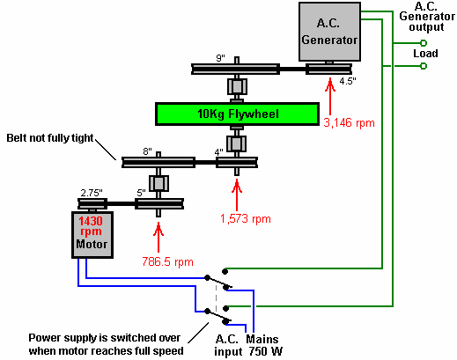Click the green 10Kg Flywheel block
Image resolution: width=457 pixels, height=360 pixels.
point(237,114)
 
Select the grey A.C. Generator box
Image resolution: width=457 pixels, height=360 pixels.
point(329,32)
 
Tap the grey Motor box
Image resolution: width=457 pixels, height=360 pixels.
point(92,235)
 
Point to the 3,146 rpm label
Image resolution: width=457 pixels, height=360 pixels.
point(349,122)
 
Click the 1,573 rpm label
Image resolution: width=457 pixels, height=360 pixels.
point(246,219)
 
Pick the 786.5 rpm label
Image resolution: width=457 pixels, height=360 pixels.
point(167,261)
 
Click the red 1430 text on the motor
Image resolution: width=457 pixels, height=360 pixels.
point(91,221)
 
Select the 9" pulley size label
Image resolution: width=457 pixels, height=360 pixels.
point(220,58)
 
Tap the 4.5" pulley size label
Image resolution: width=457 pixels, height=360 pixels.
point(348,81)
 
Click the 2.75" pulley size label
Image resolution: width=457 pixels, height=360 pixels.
point(92,193)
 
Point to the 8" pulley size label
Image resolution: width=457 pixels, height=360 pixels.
point(147,151)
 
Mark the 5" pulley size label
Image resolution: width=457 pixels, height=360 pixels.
point(141,193)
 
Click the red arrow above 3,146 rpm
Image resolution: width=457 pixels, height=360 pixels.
point(330,96)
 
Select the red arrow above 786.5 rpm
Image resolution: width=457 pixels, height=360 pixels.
point(158,237)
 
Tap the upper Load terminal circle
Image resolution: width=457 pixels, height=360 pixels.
point(424,43)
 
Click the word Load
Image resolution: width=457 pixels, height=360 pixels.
point(425,54)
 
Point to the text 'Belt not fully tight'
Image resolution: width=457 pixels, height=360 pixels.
point(50,138)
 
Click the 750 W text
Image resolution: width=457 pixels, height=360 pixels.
point(266,351)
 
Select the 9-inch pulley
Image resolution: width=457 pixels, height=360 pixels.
point(235,70)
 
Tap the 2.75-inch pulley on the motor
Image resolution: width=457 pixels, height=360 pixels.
point(92,203)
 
